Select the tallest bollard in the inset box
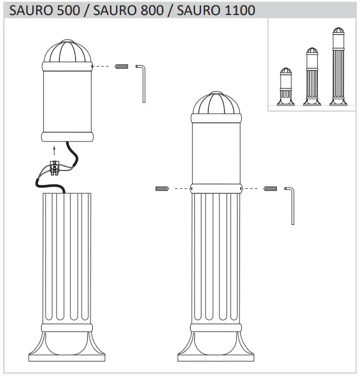tap(337, 67)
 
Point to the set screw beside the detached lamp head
tap(121, 67)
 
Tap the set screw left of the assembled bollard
tap(162, 189)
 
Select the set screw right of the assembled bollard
tap(270, 189)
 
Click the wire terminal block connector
tap(56, 168)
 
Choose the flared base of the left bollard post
tap(66, 345)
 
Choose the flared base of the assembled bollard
tap(216, 345)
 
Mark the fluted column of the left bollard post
tap(66, 255)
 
